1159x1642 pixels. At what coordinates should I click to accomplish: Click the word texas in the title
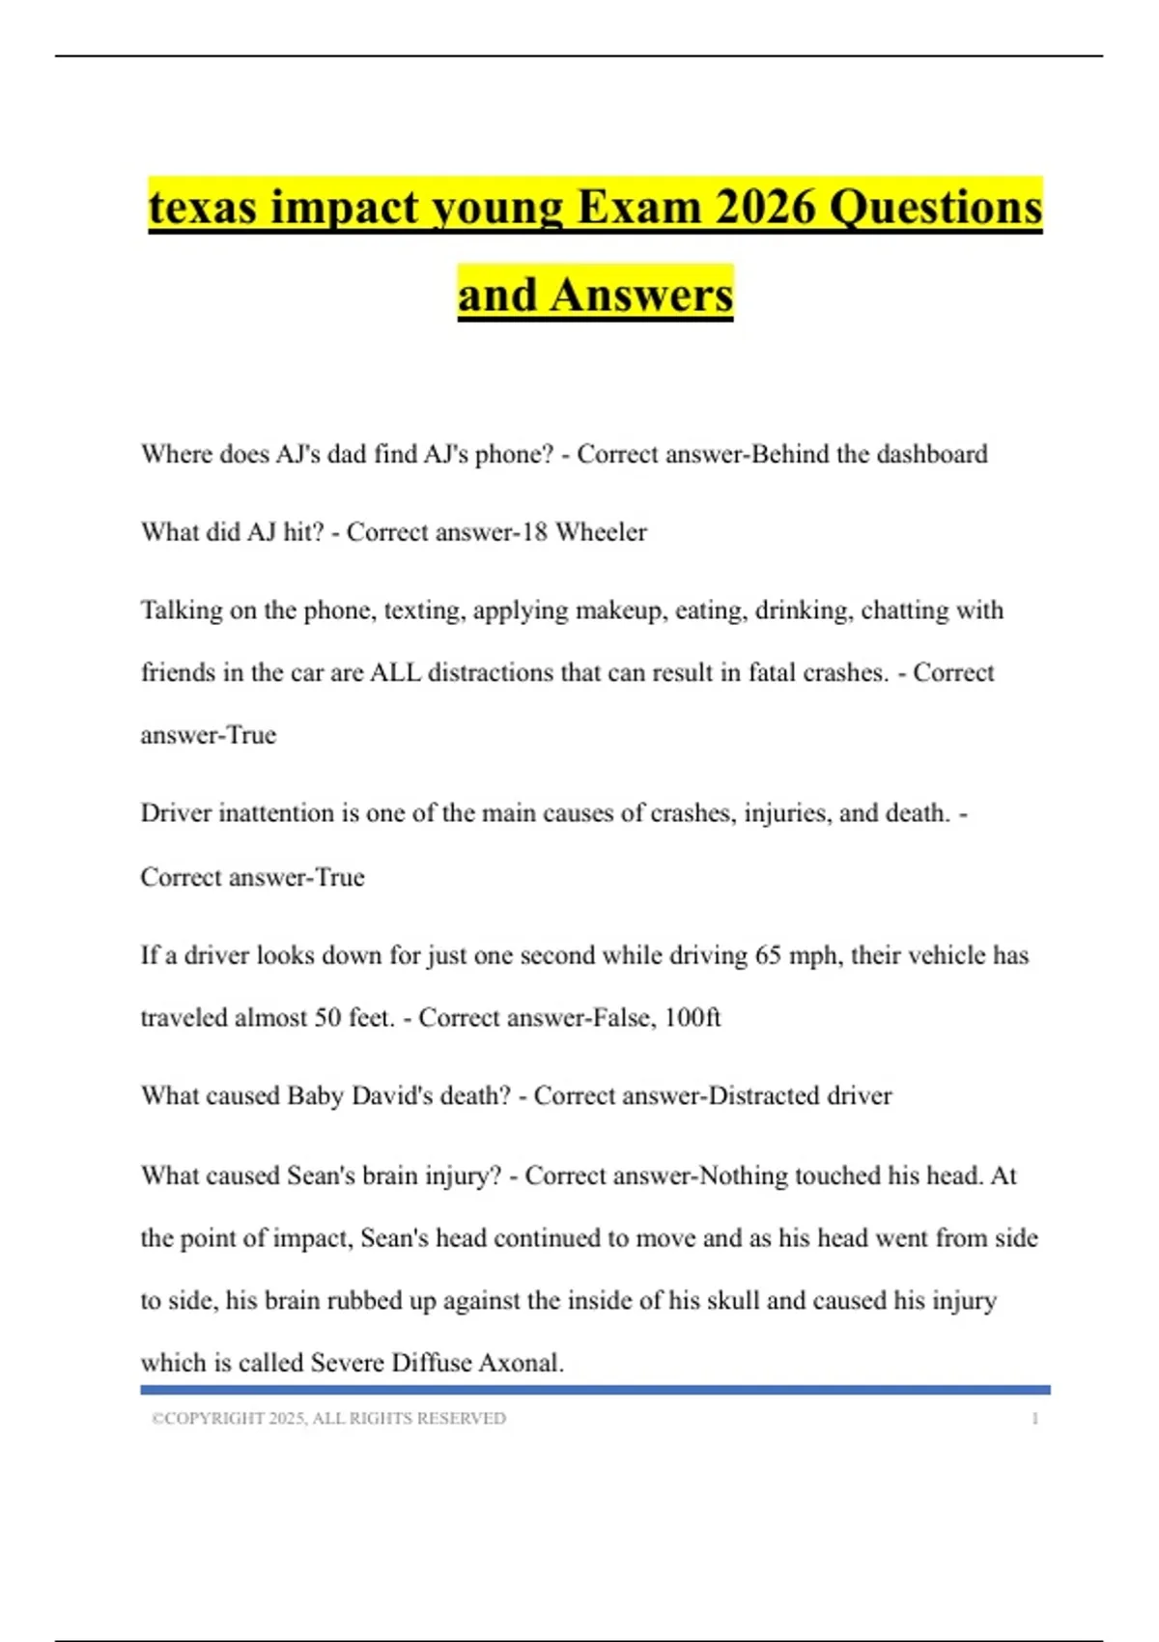(203, 208)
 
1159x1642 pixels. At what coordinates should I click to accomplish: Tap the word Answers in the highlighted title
(641, 296)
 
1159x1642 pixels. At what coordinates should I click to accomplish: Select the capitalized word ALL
(395, 672)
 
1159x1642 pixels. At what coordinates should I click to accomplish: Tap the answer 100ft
(693, 1018)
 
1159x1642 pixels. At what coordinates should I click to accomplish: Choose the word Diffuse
(430, 1363)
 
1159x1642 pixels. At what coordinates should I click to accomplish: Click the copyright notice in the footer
(328, 1419)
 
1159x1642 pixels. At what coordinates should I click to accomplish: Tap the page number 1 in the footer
(1034, 1419)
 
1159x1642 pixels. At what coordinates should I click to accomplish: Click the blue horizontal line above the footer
(595, 1390)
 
